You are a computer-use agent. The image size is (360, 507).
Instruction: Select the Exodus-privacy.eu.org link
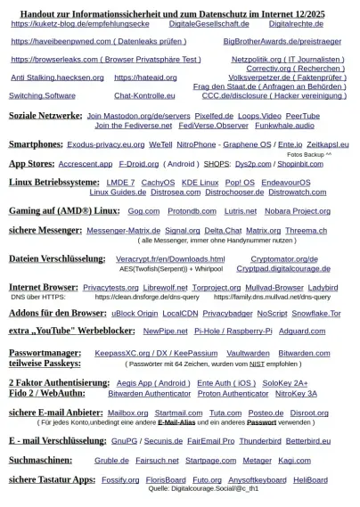[105, 143]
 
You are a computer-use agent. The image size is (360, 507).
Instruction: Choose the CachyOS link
[158, 183]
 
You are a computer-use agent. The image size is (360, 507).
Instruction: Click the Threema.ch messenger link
[306, 230]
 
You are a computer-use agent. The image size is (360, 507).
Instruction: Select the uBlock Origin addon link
[135, 314]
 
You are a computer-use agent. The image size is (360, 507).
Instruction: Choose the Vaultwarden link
[248, 353]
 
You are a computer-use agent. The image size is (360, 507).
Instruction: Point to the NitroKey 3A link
[296, 393]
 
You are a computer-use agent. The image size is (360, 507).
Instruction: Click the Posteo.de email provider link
[266, 413]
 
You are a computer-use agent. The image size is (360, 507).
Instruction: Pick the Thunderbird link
[259, 440]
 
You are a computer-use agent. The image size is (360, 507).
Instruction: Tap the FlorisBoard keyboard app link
[166, 479]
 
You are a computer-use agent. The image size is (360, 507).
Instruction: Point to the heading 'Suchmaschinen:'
[41, 461]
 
